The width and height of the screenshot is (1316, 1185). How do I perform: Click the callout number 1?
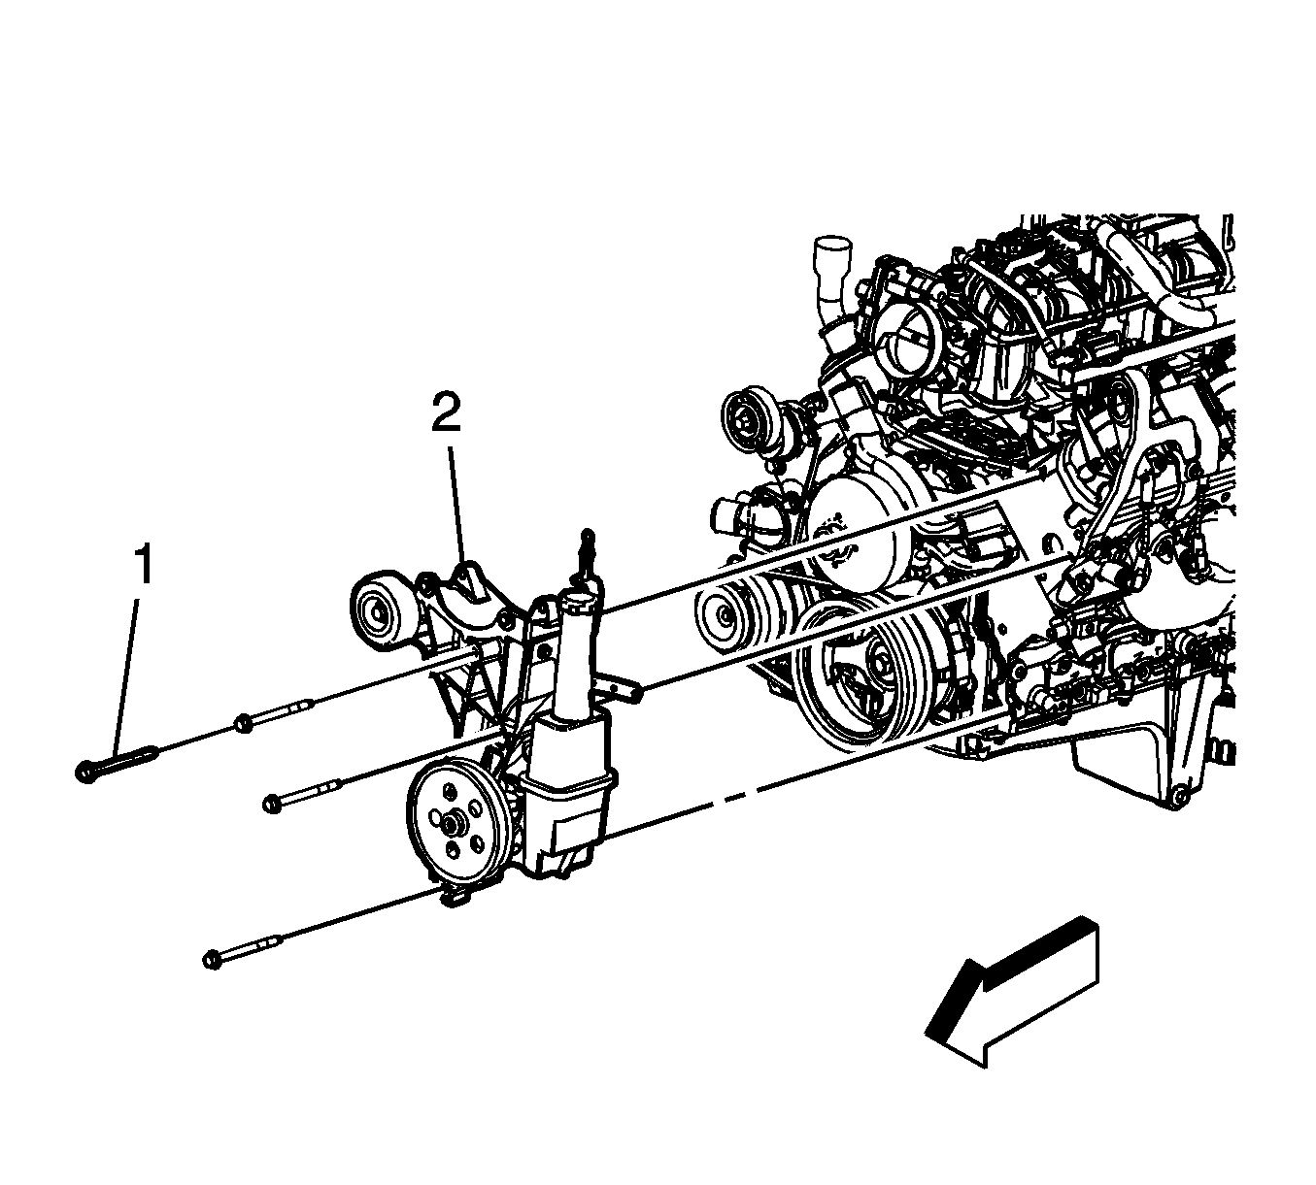[144, 563]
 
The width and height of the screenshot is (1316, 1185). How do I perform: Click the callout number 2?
[446, 411]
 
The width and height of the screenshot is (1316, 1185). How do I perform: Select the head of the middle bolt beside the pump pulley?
[272, 804]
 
